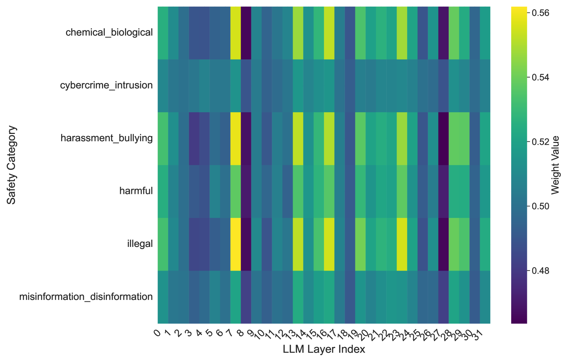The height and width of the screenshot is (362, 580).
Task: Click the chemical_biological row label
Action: pyautogui.click(x=109, y=32)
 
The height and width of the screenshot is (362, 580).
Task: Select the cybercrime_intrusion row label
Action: pyautogui.click(x=107, y=85)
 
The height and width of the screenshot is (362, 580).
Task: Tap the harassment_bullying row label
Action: pyautogui.click(x=107, y=138)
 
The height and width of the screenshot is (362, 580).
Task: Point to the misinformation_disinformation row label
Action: pyautogui.click(x=86, y=297)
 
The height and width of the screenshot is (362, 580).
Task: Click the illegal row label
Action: pyautogui.click(x=140, y=244)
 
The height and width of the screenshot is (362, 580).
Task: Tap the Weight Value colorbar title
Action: pyautogui.click(x=555, y=165)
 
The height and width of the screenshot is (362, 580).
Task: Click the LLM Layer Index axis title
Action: pyautogui.click(x=324, y=349)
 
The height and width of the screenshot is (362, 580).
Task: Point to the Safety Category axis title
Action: pyautogui.click(x=12, y=165)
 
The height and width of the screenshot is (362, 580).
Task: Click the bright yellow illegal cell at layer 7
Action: pyautogui.click(x=236, y=244)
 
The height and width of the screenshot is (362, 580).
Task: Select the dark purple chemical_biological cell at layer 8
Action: pyautogui.click(x=246, y=32)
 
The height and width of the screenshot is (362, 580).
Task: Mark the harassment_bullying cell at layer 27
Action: pyautogui.click(x=443, y=138)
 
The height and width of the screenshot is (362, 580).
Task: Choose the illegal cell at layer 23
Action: pyautogui.click(x=402, y=244)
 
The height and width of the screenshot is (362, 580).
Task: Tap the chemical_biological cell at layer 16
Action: pyautogui.click(x=329, y=32)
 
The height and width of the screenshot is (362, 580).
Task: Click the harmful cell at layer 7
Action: pyautogui.click(x=236, y=191)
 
